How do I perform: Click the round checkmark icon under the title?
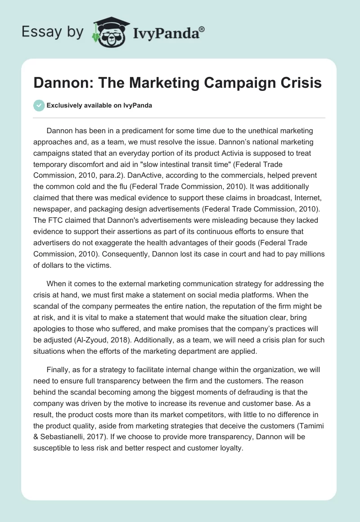point(39,105)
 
